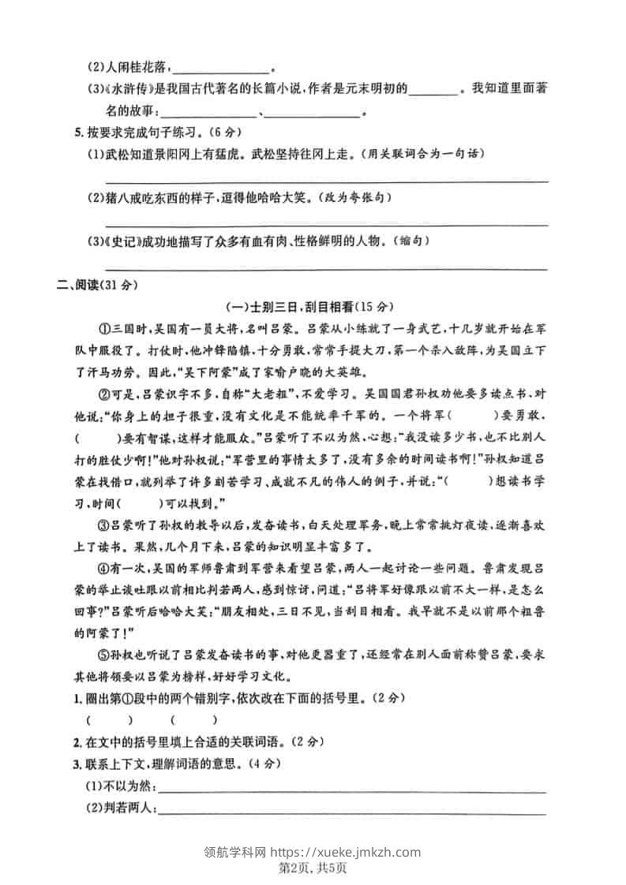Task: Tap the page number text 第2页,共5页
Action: tap(313, 868)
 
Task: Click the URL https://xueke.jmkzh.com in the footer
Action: tap(346, 852)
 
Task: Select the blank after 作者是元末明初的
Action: tap(434, 90)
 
